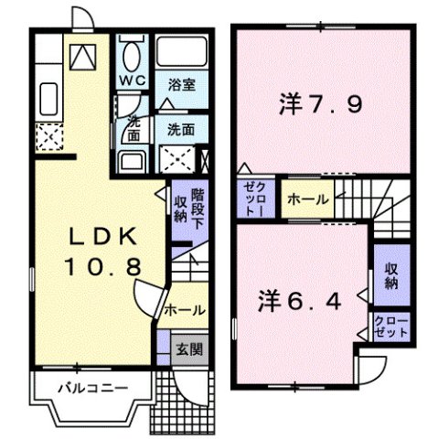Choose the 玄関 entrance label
click(x=189, y=347)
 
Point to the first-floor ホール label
click(x=185, y=311)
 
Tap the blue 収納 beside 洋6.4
click(x=391, y=276)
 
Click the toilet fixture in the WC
click(x=134, y=53)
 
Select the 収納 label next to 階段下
click(x=181, y=209)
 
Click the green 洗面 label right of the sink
click(x=180, y=130)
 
